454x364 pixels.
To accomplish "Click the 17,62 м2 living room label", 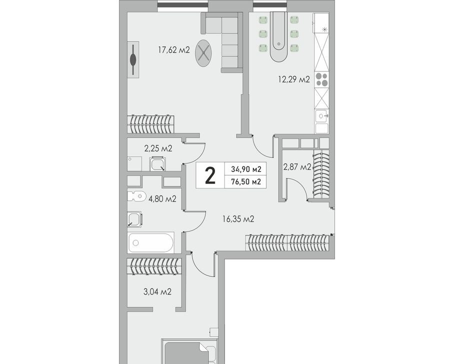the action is [x=173, y=50].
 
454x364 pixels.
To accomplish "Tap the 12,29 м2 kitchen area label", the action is [x=294, y=79].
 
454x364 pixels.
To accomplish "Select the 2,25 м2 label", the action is [x=158, y=148].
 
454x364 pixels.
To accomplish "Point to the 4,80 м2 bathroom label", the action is [x=162, y=199].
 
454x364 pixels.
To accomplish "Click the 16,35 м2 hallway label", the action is [x=238, y=219].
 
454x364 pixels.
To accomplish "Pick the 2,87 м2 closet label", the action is [x=297, y=167].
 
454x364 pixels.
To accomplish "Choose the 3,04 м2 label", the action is [x=157, y=291].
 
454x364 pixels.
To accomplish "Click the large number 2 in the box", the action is [x=210, y=176].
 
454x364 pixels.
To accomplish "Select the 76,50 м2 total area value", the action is [x=246, y=182].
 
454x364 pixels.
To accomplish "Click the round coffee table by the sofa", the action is [x=203, y=53].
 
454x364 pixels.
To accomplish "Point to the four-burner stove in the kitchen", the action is [x=321, y=79].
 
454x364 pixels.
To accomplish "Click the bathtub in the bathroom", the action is [x=151, y=242].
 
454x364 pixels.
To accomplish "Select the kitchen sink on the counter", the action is [x=321, y=116].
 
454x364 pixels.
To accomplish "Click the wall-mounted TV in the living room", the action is [x=133, y=59].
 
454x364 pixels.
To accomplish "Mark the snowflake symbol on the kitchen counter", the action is [x=324, y=29].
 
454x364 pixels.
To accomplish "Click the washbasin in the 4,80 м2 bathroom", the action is [x=134, y=219].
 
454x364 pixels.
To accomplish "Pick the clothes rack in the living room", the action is [x=151, y=124].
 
